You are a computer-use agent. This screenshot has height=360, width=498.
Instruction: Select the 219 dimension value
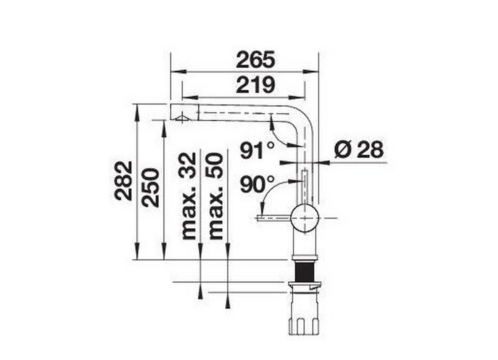255,85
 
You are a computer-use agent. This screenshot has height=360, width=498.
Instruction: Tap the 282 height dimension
124,181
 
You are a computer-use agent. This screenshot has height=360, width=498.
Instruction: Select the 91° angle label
257,150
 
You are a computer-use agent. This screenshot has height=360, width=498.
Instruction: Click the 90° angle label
257,184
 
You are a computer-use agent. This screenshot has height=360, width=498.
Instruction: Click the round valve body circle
305,218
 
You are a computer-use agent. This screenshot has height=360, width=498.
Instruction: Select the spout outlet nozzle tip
182,118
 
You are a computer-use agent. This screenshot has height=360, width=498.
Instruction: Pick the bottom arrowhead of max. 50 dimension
227,304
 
